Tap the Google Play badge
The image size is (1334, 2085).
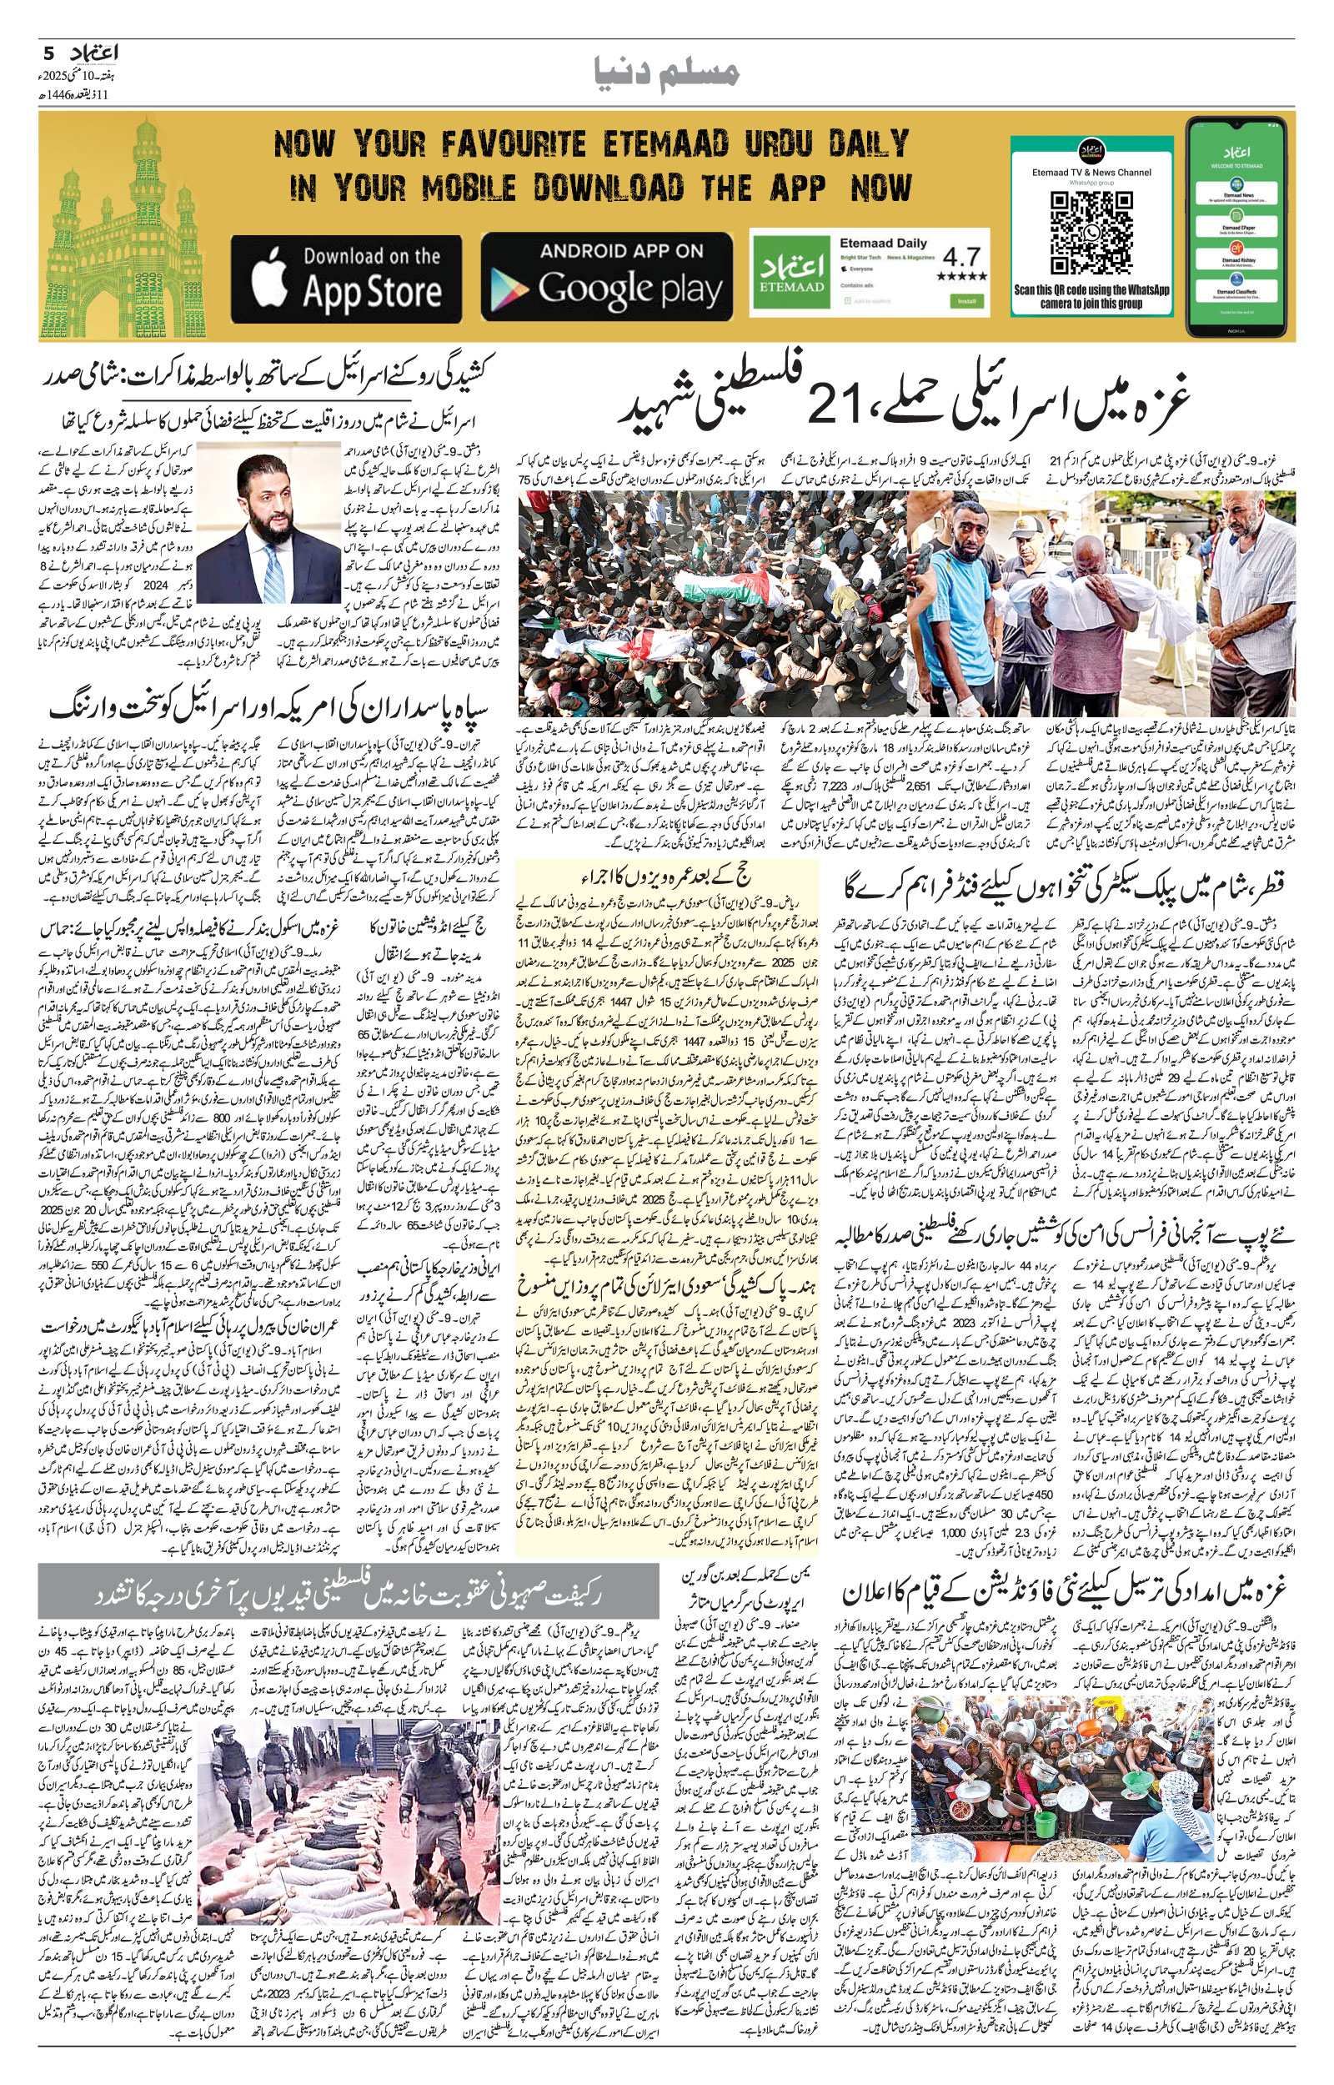click(x=606, y=277)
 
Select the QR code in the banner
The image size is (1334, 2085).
click(x=1091, y=233)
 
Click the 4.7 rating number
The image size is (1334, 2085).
click(x=960, y=256)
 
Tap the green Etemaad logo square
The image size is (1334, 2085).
click(x=789, y=271)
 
